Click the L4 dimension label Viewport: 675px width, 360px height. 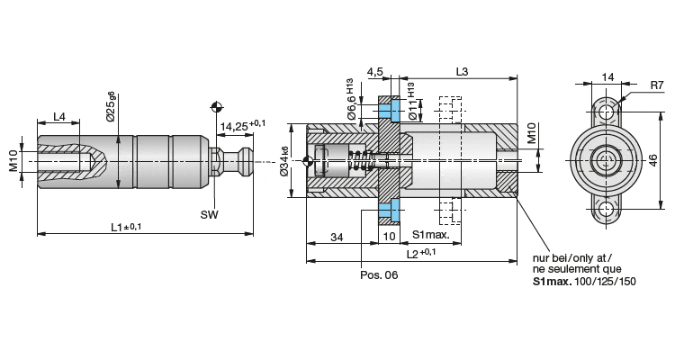click(59, 116)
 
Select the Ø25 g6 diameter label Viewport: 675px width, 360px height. click(111, 106)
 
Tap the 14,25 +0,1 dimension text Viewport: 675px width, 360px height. click(243, 125)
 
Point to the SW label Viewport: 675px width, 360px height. click(209, 214)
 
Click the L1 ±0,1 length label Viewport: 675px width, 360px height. click(126, 227)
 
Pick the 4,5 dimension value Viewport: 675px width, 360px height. click(374, 71)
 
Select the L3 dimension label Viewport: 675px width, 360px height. click(462, 71)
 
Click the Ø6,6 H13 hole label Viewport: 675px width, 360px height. click(349, 99)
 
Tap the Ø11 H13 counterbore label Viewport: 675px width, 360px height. click(411, 102)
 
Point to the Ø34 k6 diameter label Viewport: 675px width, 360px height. click(284, 160)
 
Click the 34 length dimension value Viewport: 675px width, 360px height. click(337, 237)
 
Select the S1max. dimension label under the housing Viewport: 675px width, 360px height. click(431, 235)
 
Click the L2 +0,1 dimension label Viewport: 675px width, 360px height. click(421, 253)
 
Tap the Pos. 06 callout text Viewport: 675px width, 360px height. click(379, 274)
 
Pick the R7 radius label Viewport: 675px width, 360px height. click(657, 85)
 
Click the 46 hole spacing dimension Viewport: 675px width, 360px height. click(653, 160)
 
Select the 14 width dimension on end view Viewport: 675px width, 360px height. click(607, 77)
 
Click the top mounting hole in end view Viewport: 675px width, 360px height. click(606, 112)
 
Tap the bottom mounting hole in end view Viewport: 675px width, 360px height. click(606, 210)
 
